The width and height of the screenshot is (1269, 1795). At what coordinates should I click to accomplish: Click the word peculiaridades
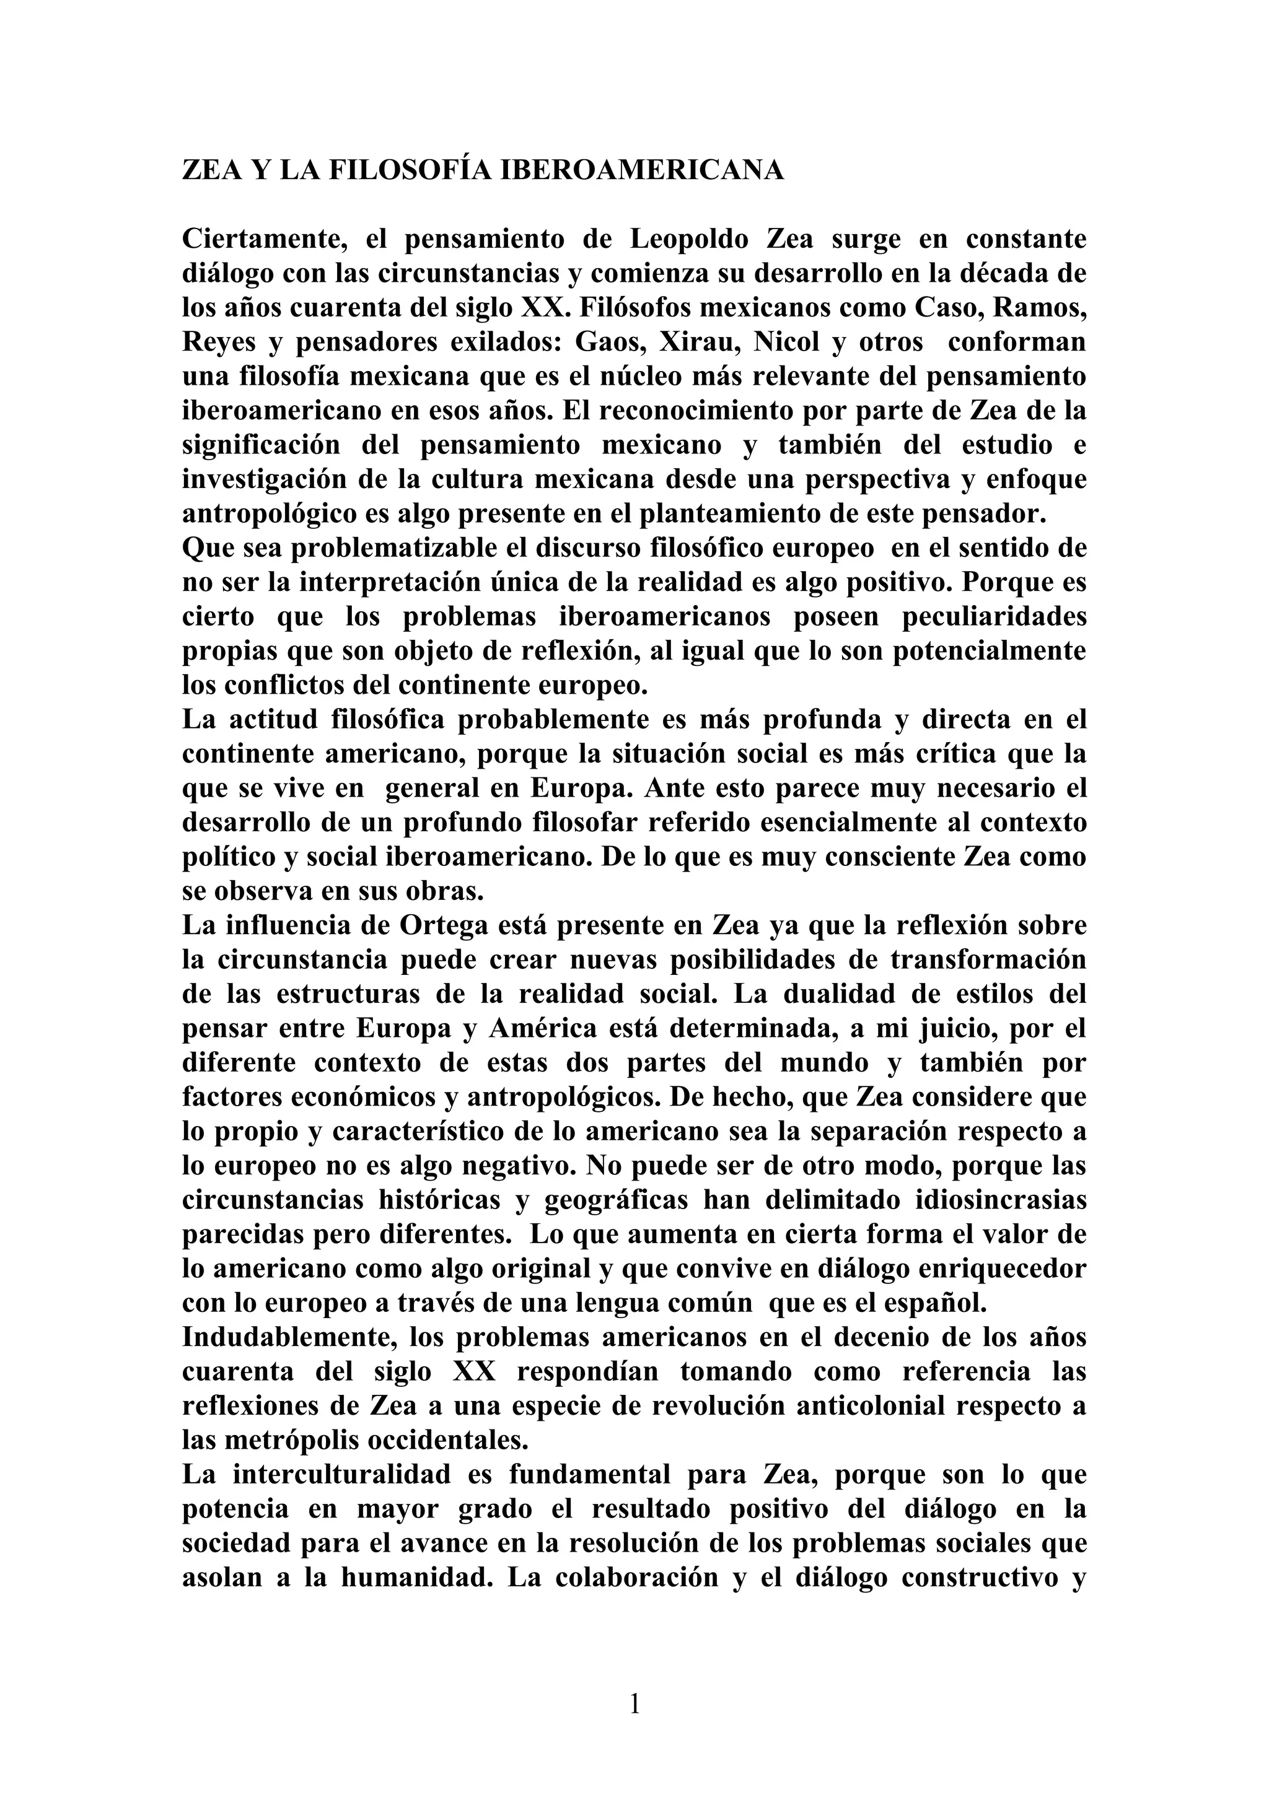coord(994,617)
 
